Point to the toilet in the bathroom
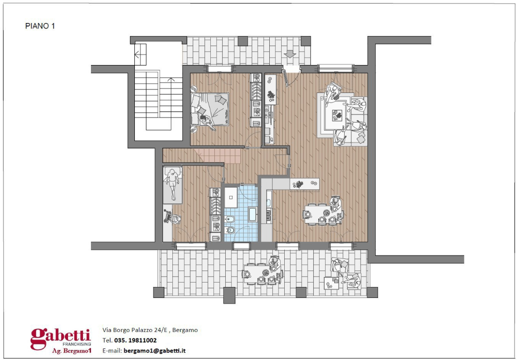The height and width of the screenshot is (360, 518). pos(230,219)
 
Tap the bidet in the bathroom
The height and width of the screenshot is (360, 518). pos(230,231)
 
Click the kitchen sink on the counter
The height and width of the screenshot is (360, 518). pos(268,202)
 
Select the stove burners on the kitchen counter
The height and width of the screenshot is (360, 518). pos(268,215)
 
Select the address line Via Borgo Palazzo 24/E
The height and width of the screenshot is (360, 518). pos(150,330)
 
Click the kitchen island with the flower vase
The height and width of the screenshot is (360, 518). pos(304,184)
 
